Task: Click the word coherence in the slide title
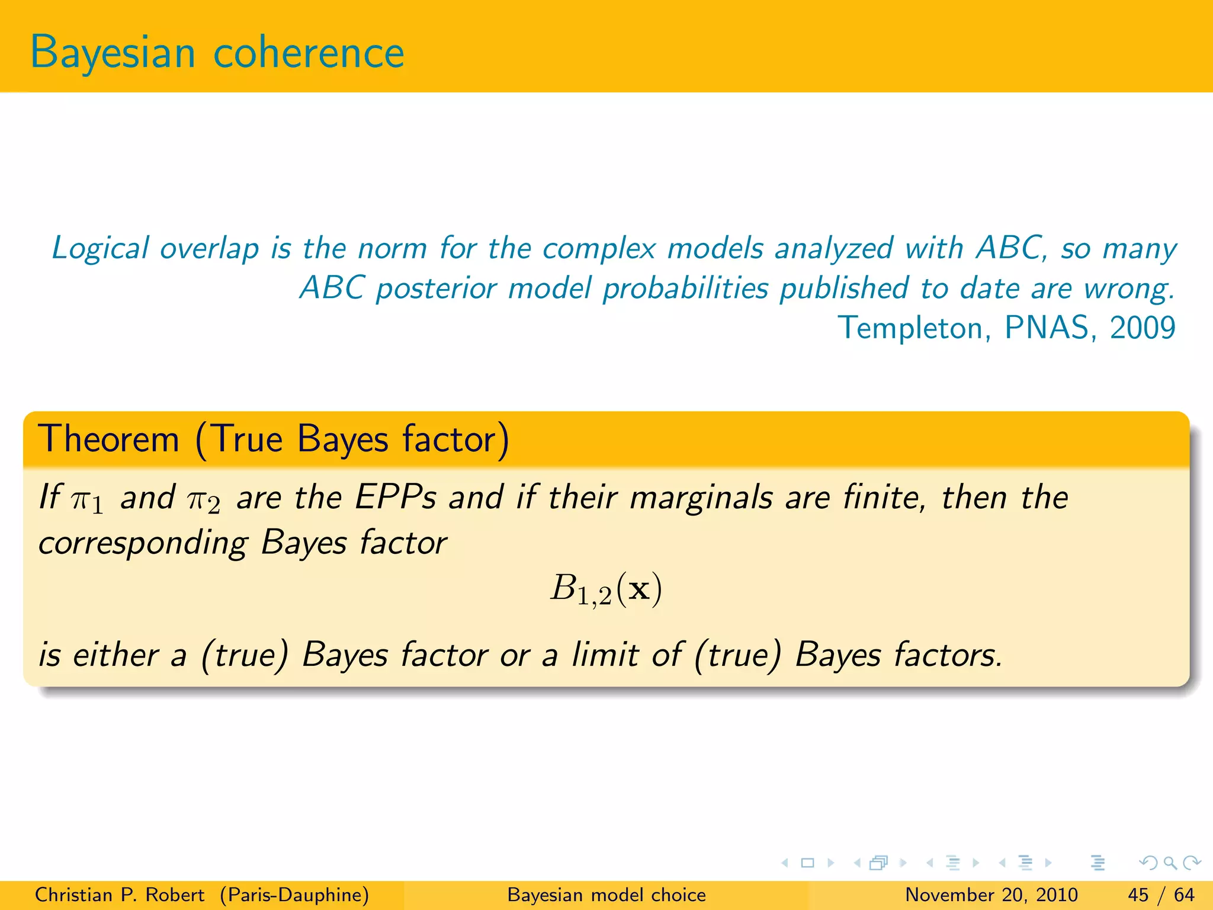(308, 53)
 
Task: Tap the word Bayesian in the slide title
(113, 53)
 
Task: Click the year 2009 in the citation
(1142, 328)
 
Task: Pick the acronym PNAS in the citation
(1047, 328)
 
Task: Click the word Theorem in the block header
(108, 440)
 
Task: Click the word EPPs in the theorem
(396, 497)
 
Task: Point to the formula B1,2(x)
(606, 589)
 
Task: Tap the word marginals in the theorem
(701, 498)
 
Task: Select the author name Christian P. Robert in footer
(119, 895)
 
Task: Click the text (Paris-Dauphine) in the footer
(294, 895)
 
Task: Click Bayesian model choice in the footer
(606, 895)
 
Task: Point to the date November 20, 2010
(991, 895)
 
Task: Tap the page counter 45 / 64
(1161, 895)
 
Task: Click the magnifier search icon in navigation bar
(1170, 863)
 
